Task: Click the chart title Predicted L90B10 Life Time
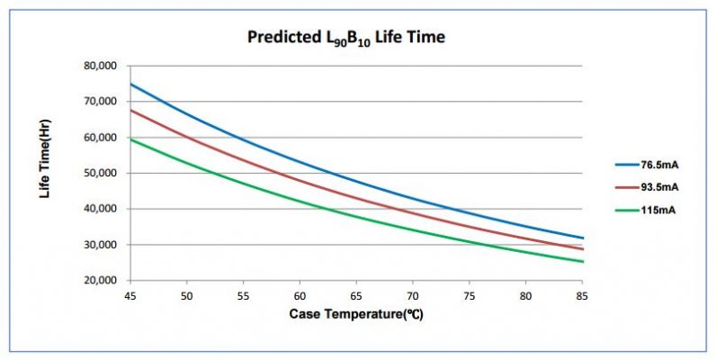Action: pyautogui.click(x=345, y=37)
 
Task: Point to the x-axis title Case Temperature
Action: pyautogui.click(x=358, y=314)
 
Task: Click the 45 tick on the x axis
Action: pyautogui.click(x=130, y=294)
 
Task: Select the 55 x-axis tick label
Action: pyautogui.click(x=244, y=294)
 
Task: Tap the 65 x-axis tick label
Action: pyautogui.click(x=357, y=294)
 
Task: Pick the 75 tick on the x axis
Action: pyautogui.click(x=470, y=294)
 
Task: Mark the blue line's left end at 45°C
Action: pyautogui.click(x=130, y=84)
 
